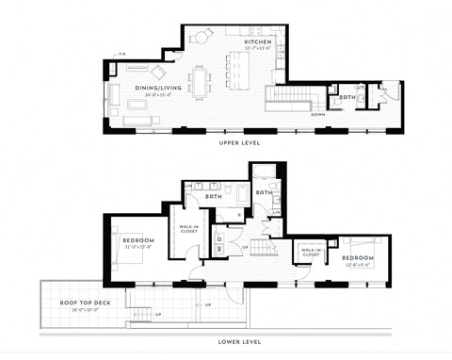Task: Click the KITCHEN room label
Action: (257, 43)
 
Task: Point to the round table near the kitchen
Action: (202, 37)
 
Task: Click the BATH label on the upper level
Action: (347, 96)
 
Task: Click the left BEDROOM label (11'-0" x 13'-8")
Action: (139, 240)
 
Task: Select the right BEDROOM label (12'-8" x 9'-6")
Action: (358, 256)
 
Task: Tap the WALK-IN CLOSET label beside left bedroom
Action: (189, 227)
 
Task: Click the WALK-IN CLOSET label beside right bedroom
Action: (311, 254)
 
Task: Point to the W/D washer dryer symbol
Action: (218, 239)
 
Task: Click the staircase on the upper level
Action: (293, 97)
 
